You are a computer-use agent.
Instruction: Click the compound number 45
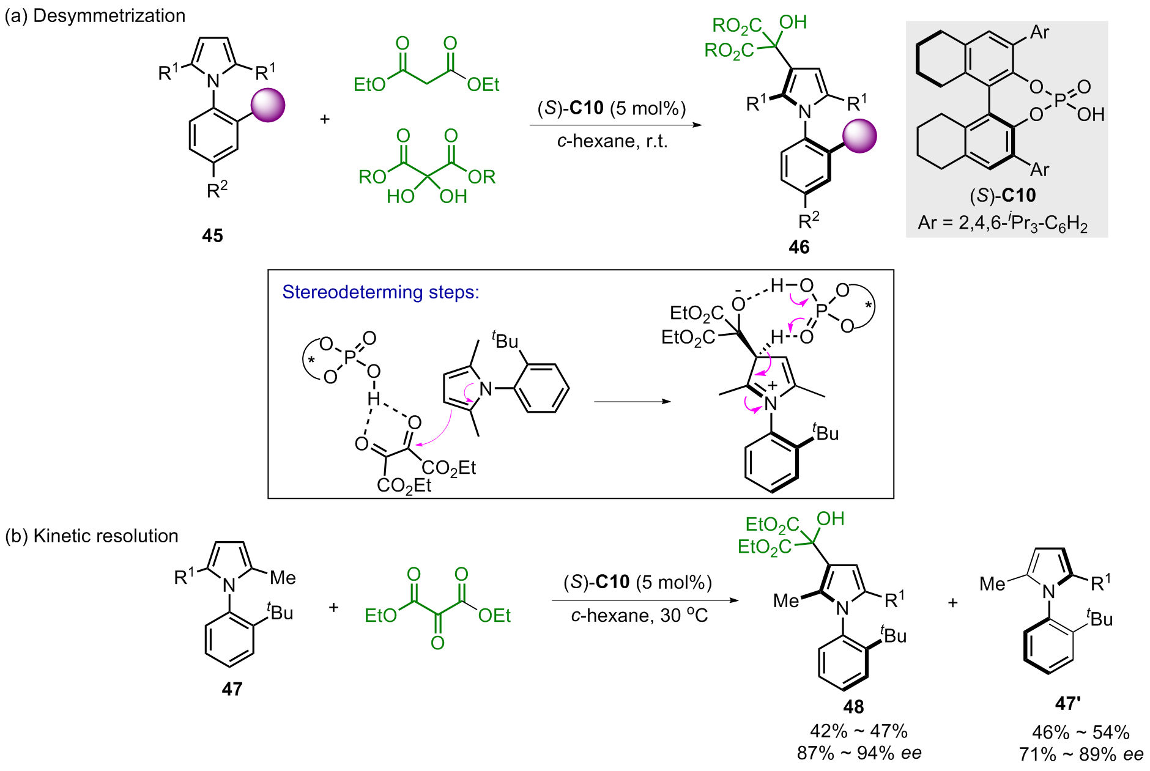(212, 235)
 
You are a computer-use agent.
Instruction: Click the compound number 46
(799, 247)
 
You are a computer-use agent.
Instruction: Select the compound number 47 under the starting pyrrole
(232, 689)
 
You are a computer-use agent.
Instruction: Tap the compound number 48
(853, 707)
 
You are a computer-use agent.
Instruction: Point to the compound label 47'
(1067, 704)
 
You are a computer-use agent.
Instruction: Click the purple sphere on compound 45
(268, 105)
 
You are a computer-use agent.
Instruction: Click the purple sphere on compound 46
(859, 136)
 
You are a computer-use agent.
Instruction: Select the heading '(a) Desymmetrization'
(95, 16)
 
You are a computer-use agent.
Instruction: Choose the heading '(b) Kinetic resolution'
(92, 536)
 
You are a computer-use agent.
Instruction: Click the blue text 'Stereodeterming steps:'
(380, 292)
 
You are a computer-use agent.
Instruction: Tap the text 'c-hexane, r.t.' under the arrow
(612, 141)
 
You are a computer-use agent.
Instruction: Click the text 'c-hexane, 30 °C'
(639, 615)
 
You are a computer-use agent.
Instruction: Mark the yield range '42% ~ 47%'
(858, 731)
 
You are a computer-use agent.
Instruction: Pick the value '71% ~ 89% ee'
(1081, 754)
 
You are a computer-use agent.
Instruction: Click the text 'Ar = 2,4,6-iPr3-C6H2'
(1003, 223)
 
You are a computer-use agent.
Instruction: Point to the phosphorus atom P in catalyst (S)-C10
(1060, 100)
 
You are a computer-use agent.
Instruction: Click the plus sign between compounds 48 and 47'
(952, 603)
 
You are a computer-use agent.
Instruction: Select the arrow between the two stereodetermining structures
(632, 402)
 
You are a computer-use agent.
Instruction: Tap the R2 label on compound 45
(217, 190)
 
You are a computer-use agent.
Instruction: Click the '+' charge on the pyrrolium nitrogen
(773, 386)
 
